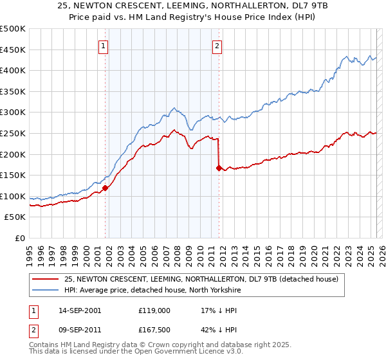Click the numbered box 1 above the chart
pos(104,46)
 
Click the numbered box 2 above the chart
pos(217,46)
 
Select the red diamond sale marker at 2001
pos(105,188)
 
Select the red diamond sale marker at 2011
pos(219,168)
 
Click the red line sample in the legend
pos(46,278)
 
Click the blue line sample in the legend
pos(46,289)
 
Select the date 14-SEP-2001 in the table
pos(79,310)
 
